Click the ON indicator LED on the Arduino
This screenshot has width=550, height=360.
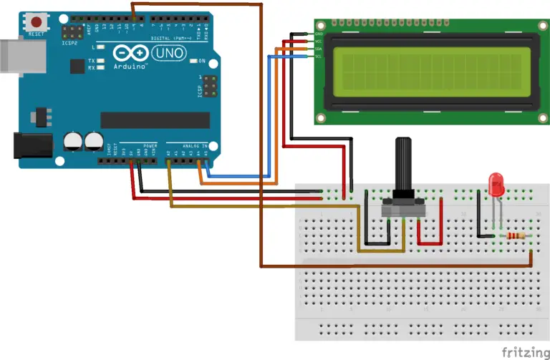tap(193, 61)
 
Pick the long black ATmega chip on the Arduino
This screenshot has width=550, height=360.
tap(155, 120)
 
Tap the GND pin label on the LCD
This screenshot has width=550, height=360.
tap(319, 34)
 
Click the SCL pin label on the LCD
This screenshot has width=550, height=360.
tap(319, 57)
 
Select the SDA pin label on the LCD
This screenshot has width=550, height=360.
tap(319, 49)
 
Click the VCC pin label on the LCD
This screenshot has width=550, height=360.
tap(319, 42)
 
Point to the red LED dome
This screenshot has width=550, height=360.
tap(495, 184)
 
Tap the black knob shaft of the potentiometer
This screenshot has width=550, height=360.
tap(404, 166)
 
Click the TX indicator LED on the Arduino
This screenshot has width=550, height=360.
tap(101, 62)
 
